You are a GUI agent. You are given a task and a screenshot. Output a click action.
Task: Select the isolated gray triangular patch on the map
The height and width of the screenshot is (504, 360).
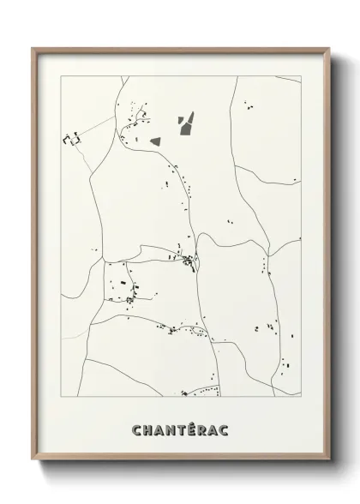coord(155,139)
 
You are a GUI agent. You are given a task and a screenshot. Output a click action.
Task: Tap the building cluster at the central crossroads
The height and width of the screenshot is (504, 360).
coord(189,259)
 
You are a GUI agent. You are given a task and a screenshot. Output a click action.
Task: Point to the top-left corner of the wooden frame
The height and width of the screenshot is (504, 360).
coord(34,49)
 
